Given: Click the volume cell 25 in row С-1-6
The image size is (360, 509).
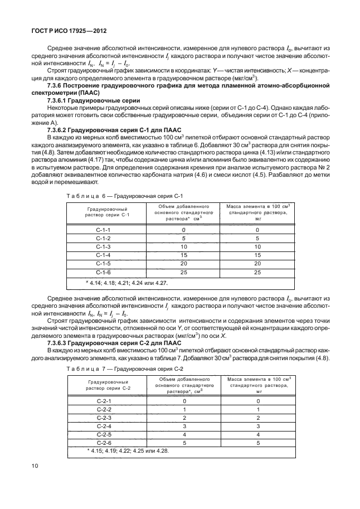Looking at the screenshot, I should [183, 272].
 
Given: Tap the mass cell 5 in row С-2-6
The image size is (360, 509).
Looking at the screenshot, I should [257, 442].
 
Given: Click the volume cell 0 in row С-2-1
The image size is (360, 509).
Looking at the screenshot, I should [183, 401].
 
